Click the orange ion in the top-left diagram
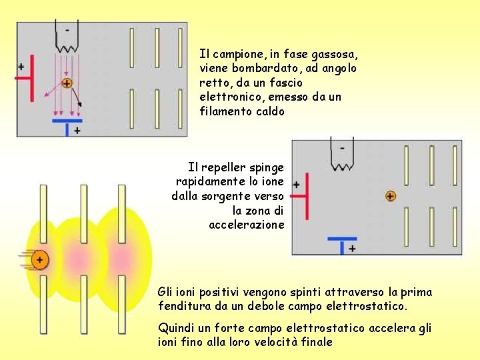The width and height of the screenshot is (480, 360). pyautogui.click(x=67, y=83)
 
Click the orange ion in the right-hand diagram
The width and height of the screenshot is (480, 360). pyautogui.click(x=390, y=196)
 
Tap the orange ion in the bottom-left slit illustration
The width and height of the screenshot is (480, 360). pyautogui.click(x=40, y=260)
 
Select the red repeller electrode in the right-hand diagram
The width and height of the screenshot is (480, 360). pyautogui.click(x=305, y=197)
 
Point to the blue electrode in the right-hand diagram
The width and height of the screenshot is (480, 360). pyautogui.click(x=342, y=239)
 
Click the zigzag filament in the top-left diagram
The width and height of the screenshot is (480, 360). pyautogui.click(x=67, y=47)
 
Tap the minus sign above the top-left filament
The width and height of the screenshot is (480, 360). pyautogui.click(x=66, y=30)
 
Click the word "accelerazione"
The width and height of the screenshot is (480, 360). pyautogui.click(x=247, y=225)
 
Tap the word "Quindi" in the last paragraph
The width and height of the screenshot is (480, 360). pyautogui.click(x=175, y=328)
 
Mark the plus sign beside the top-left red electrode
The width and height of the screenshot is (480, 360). pyautogui.click(x=21, y=67)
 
